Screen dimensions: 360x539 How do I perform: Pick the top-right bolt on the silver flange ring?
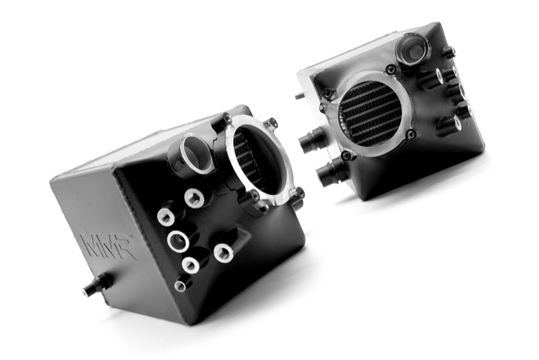click(x=271, y=123)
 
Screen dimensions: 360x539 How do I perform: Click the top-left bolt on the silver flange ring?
click(x=227, y=120)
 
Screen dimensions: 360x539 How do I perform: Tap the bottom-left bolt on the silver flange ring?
click(x=255, y=196)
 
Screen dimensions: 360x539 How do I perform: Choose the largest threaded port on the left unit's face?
click(x=179, y=239)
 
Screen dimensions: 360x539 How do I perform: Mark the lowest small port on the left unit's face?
click(x=181, y=285)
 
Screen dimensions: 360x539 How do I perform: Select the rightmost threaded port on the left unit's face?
click(x=224, y=253)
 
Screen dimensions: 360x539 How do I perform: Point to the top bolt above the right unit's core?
click(x=390, y=69)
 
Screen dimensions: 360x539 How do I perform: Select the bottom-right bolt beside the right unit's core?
click(x=410, y=135)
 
